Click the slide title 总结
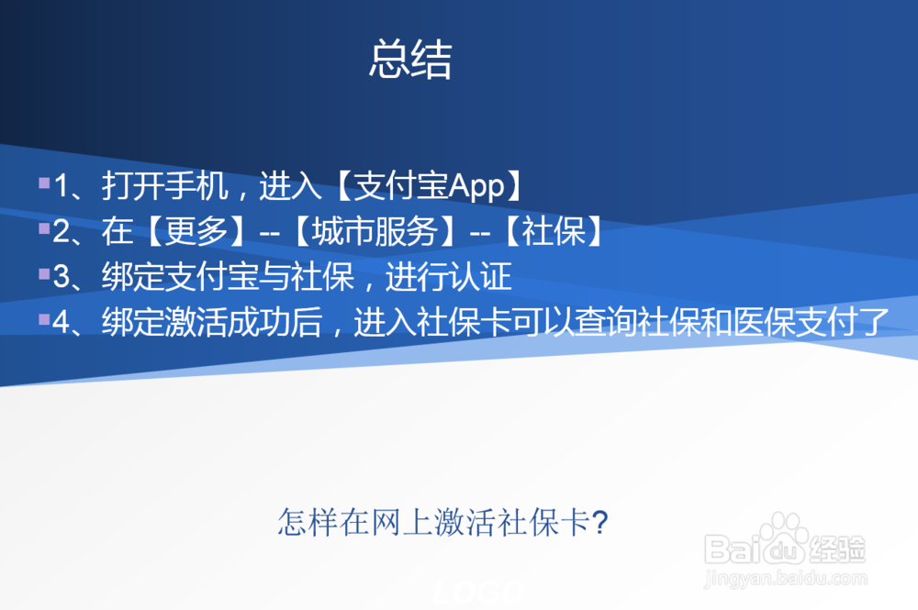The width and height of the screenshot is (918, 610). [x=410, y=60]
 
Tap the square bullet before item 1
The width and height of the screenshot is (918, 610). [x=43, y=183]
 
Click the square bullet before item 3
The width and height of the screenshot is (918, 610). [x=43, y=273]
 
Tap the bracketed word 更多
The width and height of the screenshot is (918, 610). [x=197, y=232]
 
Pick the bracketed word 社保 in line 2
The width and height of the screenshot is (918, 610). [x=554, y=232]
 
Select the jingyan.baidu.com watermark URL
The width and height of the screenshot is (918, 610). [x=786, y=578]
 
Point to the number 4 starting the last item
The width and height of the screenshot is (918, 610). [x=62, y=322]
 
